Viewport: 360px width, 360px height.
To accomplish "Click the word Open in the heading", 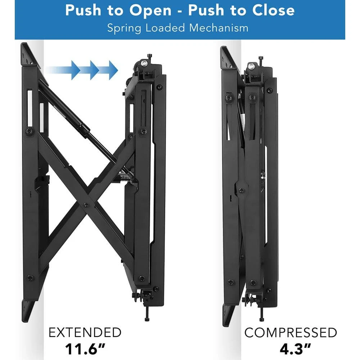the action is click(150, 11).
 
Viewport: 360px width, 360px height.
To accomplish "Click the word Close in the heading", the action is click(273, 10).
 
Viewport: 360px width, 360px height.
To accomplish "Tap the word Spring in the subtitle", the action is click(124, 28).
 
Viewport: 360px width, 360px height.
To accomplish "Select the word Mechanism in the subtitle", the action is click(219, 28).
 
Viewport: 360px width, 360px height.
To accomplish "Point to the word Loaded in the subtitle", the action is click(165, 28).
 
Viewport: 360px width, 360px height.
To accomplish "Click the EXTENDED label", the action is click(85, 332).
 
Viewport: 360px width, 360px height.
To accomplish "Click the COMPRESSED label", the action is click(291, 332).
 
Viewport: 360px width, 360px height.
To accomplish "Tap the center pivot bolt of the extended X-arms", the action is click(86, 204).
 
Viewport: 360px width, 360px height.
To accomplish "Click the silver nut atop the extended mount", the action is click(144, 63).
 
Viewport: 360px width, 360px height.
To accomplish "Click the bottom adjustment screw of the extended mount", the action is click(147, 314).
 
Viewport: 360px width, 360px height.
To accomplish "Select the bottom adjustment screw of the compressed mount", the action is click(261, 314).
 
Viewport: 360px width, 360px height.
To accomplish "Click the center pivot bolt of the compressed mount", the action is click(241, 190).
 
